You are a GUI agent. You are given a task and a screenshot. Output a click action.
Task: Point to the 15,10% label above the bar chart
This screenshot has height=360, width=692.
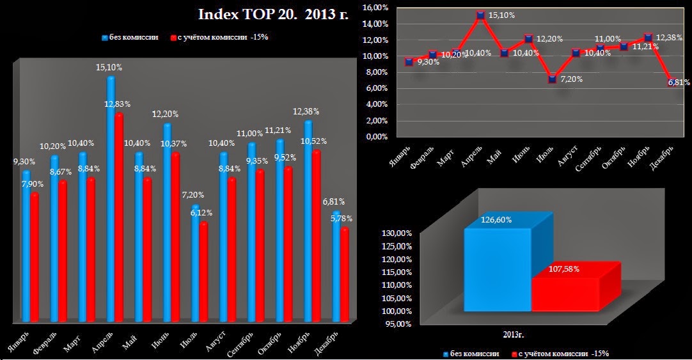point(109,67)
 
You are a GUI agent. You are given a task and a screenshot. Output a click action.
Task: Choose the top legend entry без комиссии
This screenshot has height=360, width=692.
point(130,37)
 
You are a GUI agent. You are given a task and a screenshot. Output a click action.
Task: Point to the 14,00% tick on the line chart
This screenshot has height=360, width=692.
point(375,24)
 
